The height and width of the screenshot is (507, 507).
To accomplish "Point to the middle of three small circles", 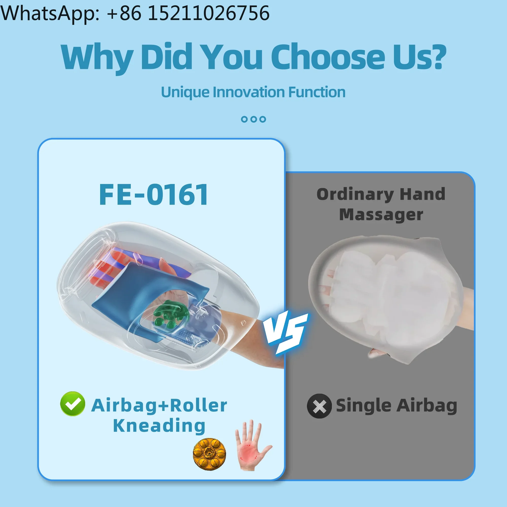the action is point(253,119).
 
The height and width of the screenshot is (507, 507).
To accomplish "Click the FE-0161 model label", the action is point(154,194).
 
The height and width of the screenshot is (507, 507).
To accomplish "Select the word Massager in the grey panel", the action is point(381,215).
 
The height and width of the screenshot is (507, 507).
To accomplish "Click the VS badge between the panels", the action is point(287,332).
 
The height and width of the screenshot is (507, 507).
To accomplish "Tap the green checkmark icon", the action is point(73,404).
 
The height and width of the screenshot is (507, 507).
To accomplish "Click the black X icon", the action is point(319,406).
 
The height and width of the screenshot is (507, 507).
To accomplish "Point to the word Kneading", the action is point(159,426).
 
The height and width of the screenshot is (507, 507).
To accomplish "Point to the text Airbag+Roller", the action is point(159,405).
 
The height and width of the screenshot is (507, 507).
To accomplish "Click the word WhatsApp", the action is point(50,13).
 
